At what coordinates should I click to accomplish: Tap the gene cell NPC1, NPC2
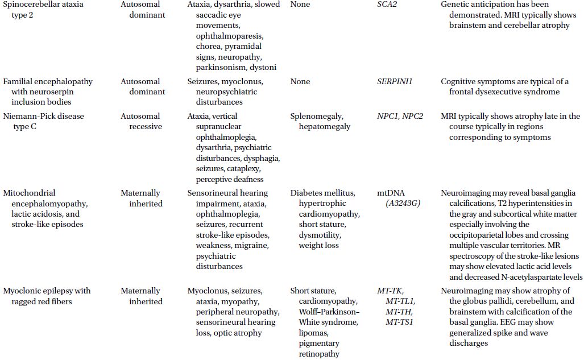[400, 116]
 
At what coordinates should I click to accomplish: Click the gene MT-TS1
[399, 322]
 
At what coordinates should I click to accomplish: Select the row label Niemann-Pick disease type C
[44, 121]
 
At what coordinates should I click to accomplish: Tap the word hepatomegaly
[325, 126]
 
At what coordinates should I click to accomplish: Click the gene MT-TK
[391, 291]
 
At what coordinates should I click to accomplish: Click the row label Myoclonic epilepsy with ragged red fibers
[47, 296]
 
